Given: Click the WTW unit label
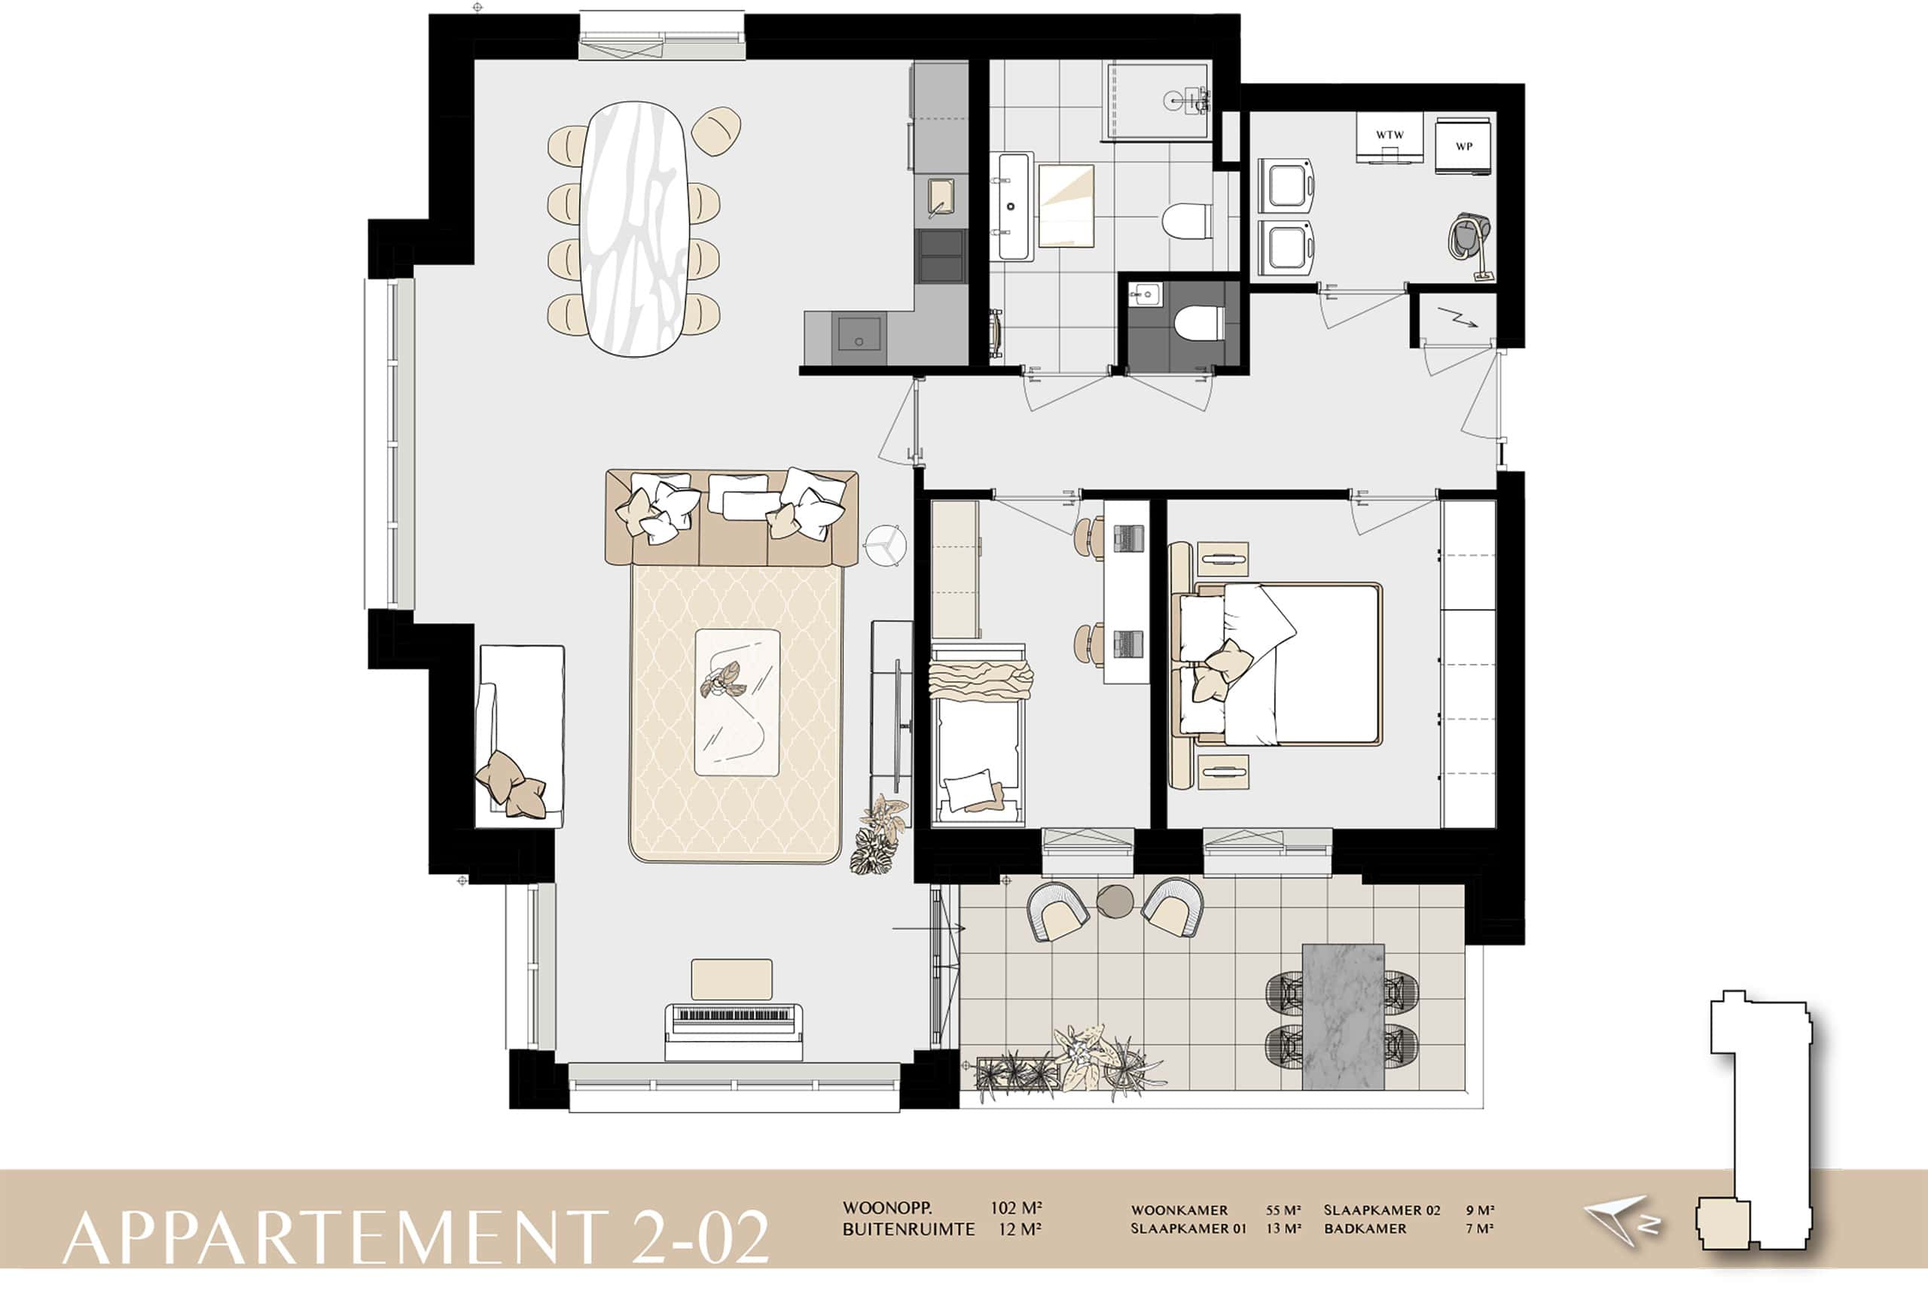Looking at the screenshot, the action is click(x=1390, y=134).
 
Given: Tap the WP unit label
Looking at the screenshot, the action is click(x=1464, y=147).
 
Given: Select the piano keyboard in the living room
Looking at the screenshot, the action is click(x=733, y=1031).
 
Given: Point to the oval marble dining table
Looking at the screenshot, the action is click(x=635, y=229).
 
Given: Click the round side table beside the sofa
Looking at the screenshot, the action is click(x=885, y=546).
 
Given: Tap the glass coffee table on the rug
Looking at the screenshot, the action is click(x=737, y=702).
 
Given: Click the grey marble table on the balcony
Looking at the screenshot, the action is click(x=1344, y=1016).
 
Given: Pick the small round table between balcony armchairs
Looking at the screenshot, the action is click(x=1115, y=901).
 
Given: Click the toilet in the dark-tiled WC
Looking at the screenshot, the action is click(x=1199, y=322).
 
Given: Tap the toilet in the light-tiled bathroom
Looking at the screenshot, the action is click(x=1186, y=221).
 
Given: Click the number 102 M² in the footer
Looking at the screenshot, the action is click(x=1016, y=1208).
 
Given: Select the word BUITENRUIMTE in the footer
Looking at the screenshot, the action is click(x=909, y=1229).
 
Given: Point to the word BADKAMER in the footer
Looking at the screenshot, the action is click(x=1365, y=1228).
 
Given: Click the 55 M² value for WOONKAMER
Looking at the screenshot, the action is click(x=1283, y=1210).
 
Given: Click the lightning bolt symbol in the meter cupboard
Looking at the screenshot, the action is click(x=1457, y=317).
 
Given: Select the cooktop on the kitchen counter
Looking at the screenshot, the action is click(x=941, y=256).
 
